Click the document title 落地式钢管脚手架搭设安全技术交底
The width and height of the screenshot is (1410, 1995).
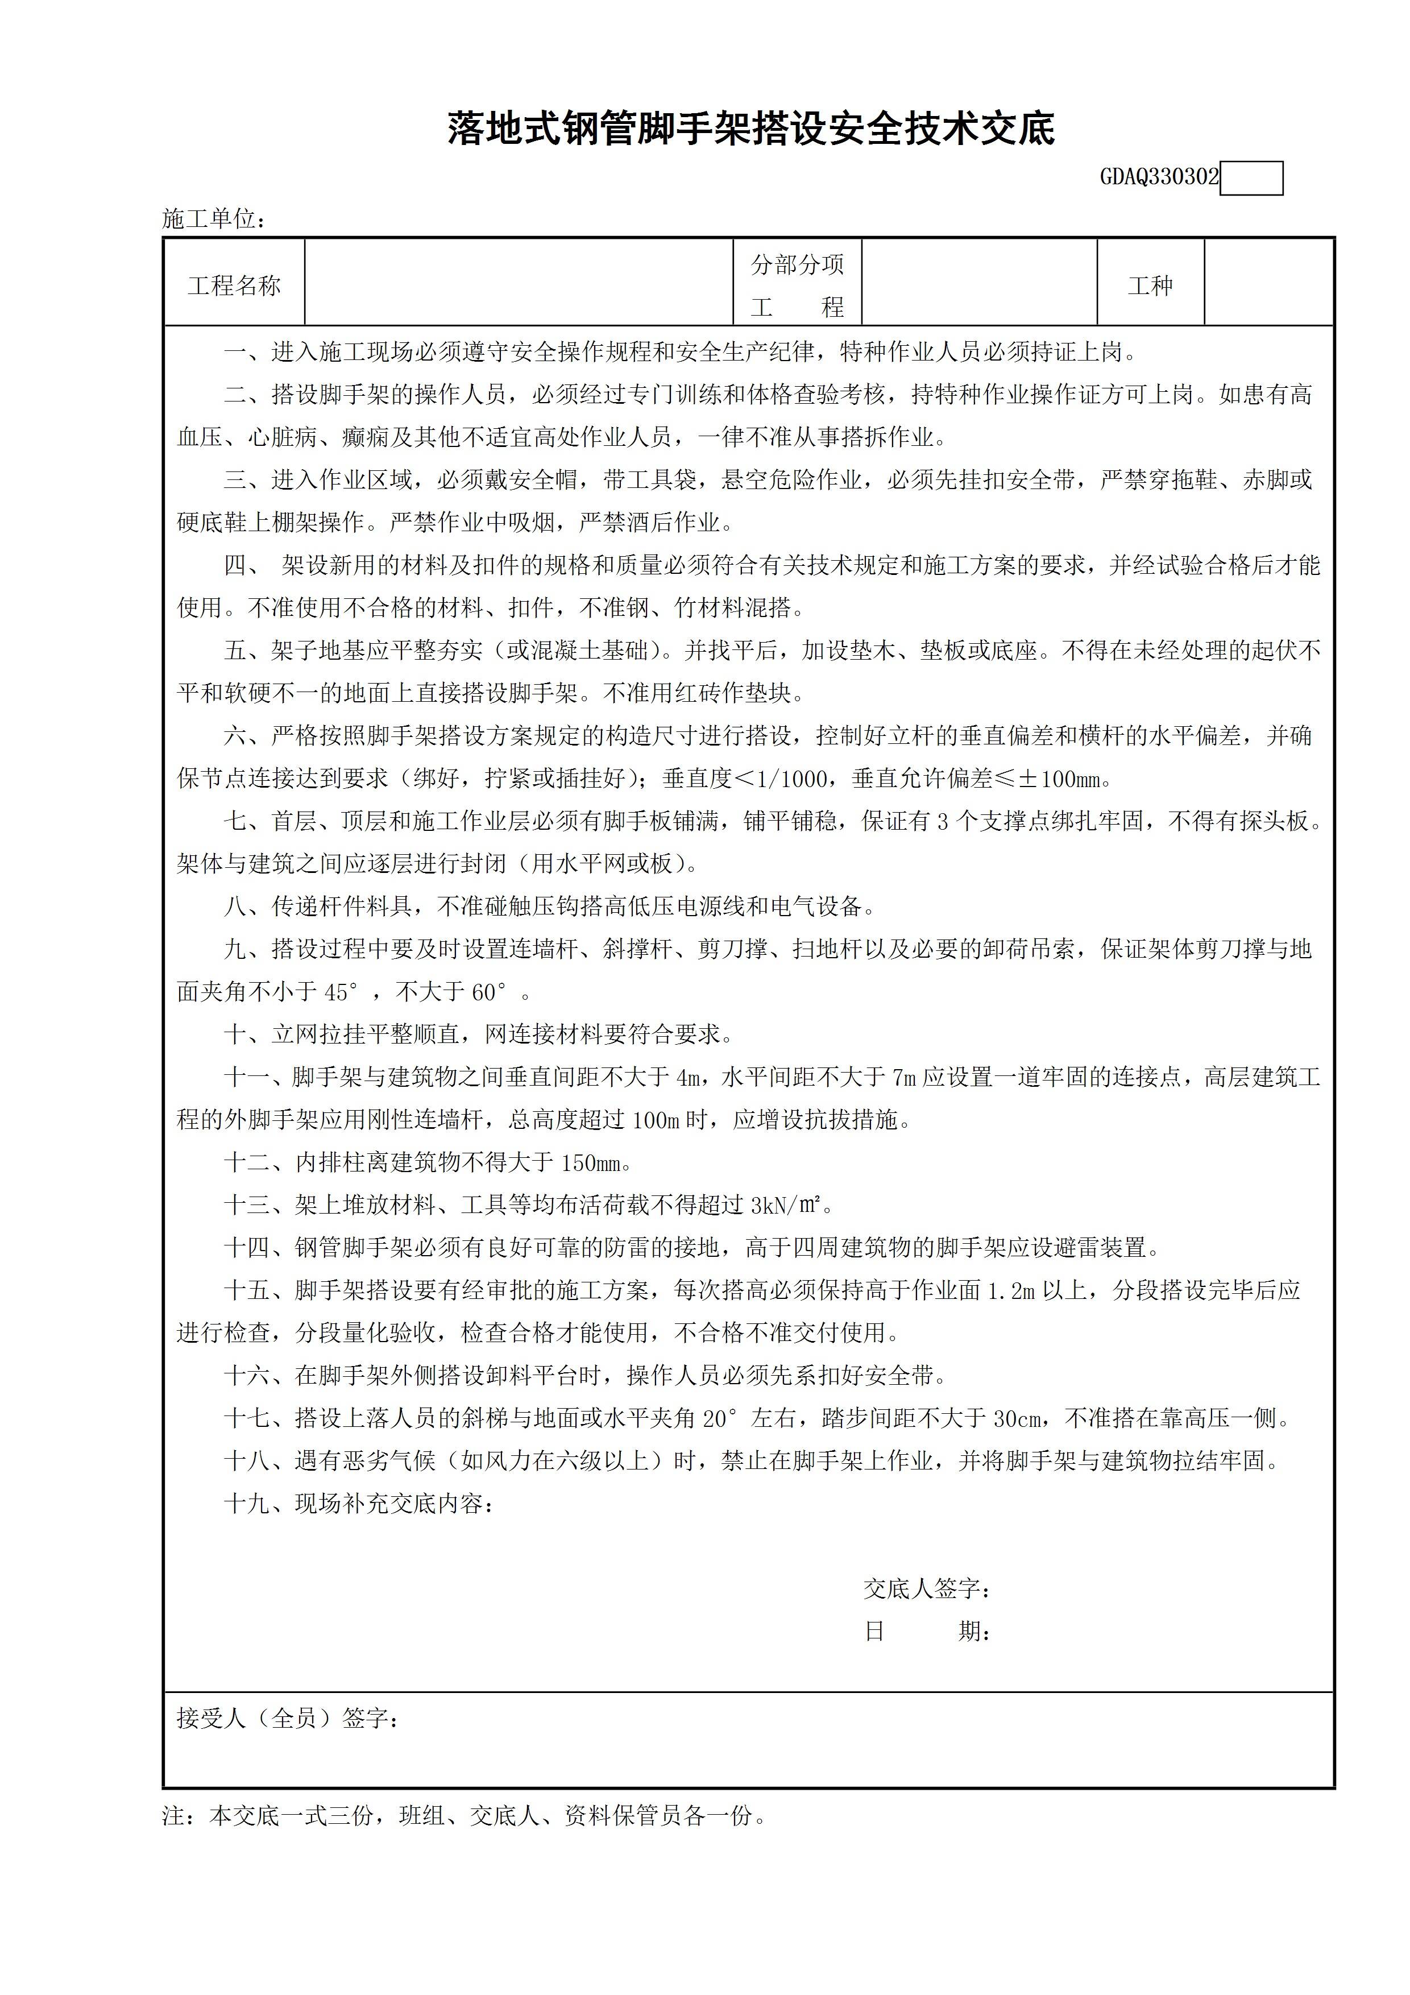[x=750, y=129]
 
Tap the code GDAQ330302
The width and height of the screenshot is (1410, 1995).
[x=1159, y=178]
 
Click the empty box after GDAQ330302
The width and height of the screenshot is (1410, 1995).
[x=1251, y=178]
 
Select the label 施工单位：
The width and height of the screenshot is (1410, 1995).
[x=214, y=219]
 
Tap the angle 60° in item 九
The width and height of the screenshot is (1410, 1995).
[x=489, y=992]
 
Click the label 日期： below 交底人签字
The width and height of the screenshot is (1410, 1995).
[x=928, y=1632]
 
